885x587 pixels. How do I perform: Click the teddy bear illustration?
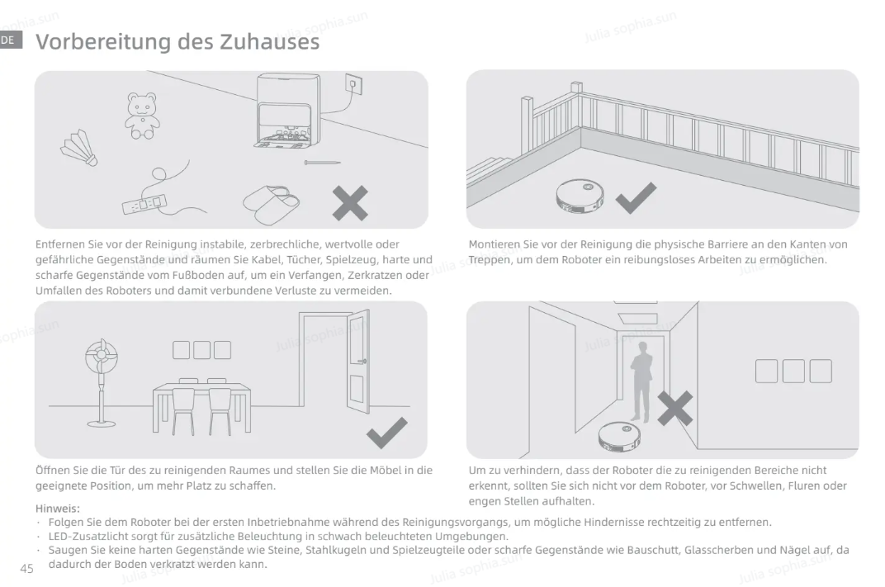click(x=142, y=116)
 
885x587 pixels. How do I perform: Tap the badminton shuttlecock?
click(x=80, y=149)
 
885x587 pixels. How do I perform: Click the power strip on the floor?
click(x=145, y=203)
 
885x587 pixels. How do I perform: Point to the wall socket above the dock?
click(x=353, y=85)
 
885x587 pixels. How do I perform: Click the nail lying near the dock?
click(x=322, y=163)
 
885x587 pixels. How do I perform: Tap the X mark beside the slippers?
click(x=350, y=202)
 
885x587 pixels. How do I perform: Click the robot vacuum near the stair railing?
click(x=580, y=196)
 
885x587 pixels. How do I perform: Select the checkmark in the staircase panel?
click(x=636, y=197)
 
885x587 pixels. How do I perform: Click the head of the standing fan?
click(x=102, y=356)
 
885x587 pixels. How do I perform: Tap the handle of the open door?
click(x=362, y=361)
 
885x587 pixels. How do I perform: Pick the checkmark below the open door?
click(x=386, y=433)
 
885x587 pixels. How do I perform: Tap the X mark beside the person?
click(x=675, y=408)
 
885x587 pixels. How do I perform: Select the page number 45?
click(x=27, y=568)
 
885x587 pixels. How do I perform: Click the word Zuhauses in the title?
click(x=269, y=42)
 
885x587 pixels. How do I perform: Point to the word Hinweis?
click(x=58, y=508)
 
